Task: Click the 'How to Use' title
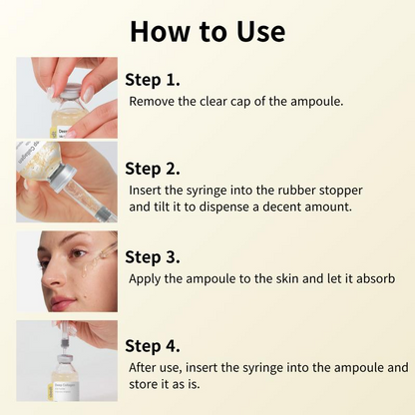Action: pyautogui.click(x=207, y=31)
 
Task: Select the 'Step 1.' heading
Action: pyautogui.click(x=153, y=79)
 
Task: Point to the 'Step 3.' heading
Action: pyautogui.click(x=153, y=255)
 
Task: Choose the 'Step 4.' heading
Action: pyautogui.click(x=153, y=345)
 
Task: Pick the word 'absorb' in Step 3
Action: pyautogui.click(x=375, y=277)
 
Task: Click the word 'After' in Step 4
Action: pyautogui.click(x=143, y=367)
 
